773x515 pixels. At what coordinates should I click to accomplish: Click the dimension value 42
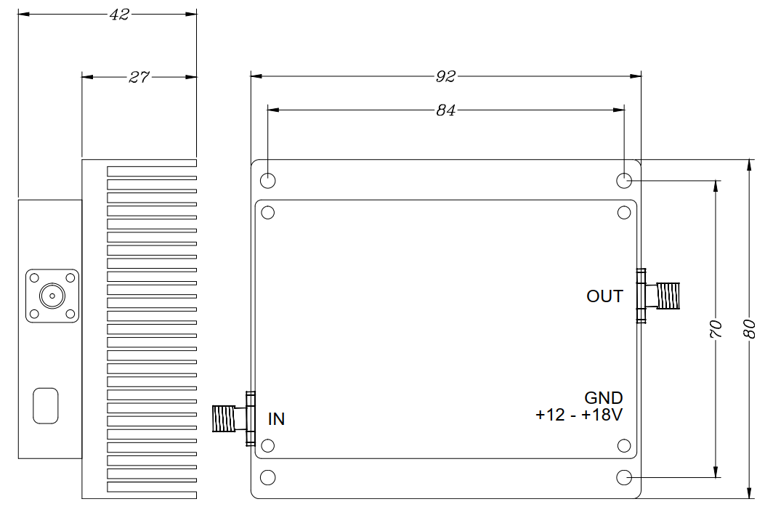119,15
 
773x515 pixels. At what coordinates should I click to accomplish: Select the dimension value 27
139,77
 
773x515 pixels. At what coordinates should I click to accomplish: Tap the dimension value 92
445,76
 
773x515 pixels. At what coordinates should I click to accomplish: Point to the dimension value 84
445,110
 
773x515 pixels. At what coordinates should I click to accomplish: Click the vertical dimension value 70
716,329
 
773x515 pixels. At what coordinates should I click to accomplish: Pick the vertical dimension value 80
749,329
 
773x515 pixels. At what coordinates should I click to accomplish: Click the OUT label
605,296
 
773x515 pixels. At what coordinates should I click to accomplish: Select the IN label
277,419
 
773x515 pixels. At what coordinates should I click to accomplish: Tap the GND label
604,398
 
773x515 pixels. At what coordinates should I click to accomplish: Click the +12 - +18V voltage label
579,415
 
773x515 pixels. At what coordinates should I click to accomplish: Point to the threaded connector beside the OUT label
658,296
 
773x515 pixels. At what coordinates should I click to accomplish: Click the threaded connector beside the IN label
234,418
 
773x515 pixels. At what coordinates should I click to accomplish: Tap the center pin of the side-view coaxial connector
52,296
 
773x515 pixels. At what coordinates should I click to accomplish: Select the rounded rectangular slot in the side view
45,405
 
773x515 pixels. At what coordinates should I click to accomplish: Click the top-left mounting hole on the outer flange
267,181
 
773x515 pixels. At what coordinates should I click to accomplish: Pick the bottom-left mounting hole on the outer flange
267,477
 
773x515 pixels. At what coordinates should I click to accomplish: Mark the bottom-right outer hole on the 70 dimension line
624,477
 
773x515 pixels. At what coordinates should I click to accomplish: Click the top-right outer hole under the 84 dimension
624,181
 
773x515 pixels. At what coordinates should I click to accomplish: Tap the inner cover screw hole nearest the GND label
624,446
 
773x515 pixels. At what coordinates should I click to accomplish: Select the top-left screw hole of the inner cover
267,212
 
